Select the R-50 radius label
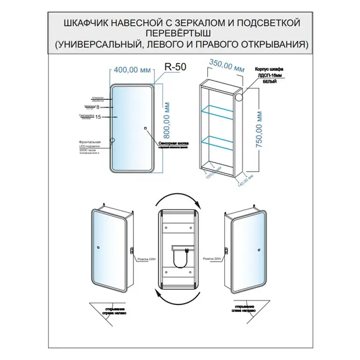[174, 66]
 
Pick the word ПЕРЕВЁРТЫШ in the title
[179, 33]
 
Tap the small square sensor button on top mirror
[145, 128]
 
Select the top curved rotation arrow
[179, 201]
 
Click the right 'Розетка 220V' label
[214, 258]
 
